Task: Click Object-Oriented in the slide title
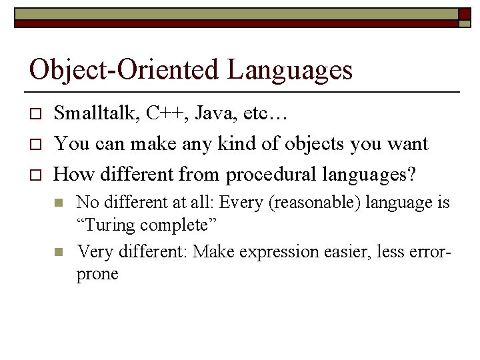125,70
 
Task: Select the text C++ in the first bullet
162,113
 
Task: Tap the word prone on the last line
97,274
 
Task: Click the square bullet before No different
59,203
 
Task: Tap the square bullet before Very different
59,252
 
